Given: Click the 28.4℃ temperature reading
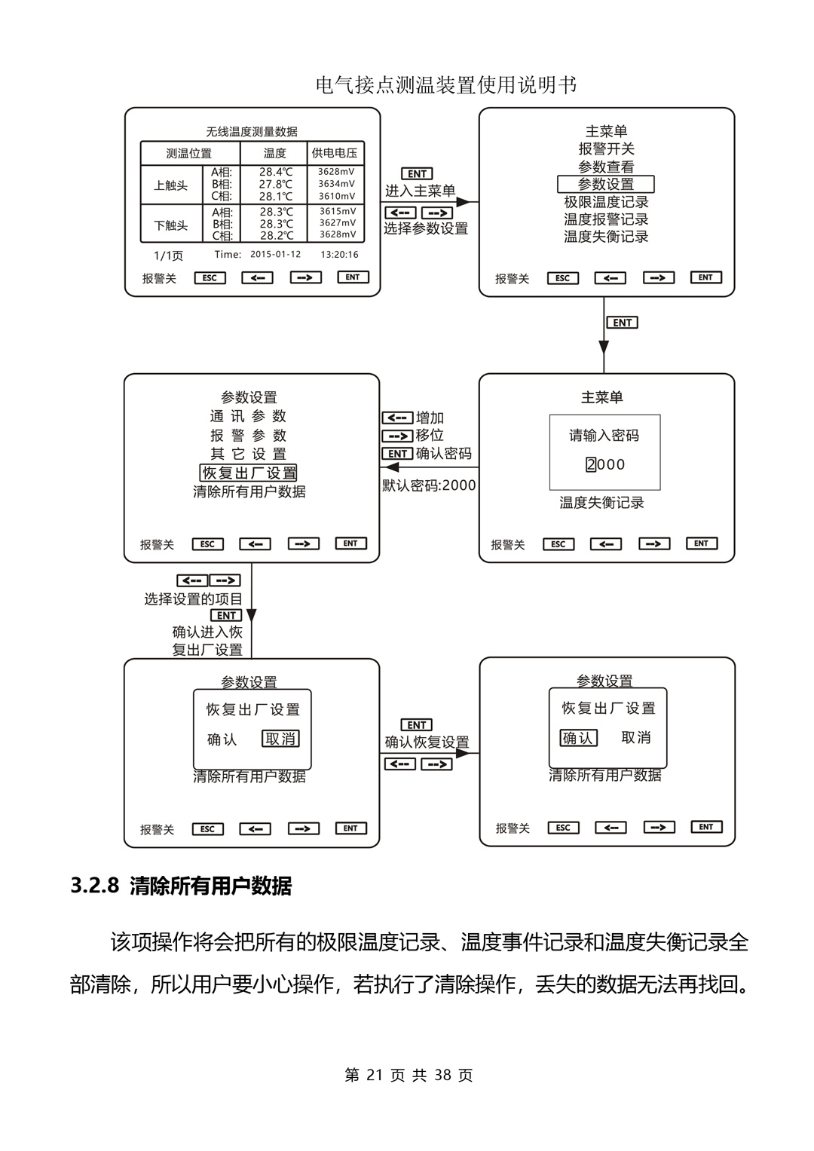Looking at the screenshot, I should [x=276, y=172].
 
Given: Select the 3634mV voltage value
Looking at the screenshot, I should [x=336, y=184].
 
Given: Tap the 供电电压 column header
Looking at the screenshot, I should [x=335, y=153].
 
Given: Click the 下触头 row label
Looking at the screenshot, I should [x=170, y=225].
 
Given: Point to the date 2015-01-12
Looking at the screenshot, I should [x=275, y=255].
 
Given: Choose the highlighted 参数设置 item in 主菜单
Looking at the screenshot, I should [x=606, y=184].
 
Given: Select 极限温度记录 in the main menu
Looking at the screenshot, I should [x=606, y=202].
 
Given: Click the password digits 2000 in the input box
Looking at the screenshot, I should [x=605, y=464].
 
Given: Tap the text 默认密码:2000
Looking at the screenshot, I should [x=429, y=485].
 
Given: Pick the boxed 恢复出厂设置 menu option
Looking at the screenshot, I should [x=249, y=473].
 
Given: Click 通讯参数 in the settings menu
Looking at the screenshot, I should [x=248, y=416].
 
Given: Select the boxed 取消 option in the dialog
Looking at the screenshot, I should [x=280, y=739].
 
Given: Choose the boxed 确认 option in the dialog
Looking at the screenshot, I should [x=578, y=738].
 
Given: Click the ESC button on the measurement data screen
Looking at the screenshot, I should [x=210, y=277].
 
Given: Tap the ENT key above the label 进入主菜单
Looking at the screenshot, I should [x=417, y=174].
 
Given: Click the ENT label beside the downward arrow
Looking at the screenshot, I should [x=623, y=323].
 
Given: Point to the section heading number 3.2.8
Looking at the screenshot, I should [x=94, y=886].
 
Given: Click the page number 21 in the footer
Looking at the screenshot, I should [x=375, y=1076].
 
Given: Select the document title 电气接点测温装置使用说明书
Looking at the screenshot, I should [x=446, y=85].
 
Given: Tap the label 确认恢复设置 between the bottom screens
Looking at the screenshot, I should [x=427, y=742].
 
